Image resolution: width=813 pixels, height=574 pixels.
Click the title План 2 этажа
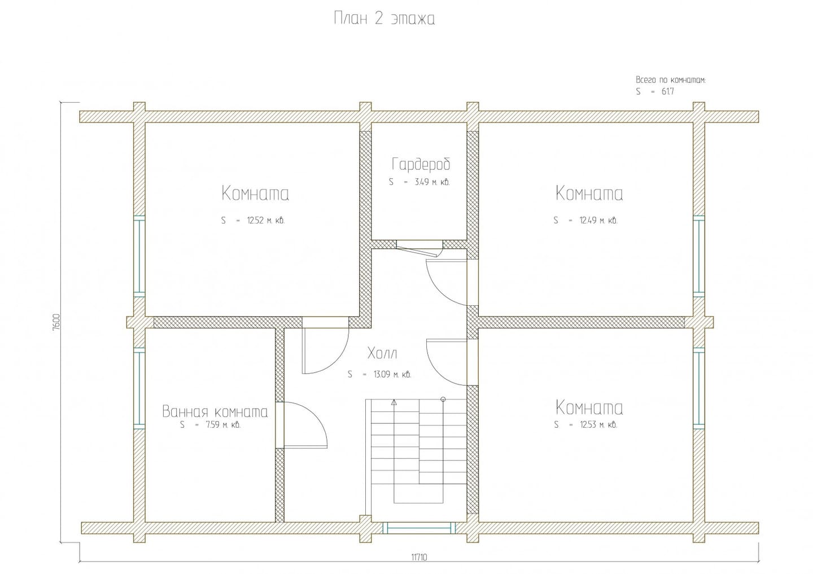(x=384, y=18)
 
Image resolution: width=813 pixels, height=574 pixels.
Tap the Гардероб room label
(x=421, y=164)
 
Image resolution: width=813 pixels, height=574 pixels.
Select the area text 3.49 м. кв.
(x=432, y=182)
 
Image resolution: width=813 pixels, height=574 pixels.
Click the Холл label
(x=382, y=353)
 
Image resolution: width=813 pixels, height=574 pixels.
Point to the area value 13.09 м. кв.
(x=392, y=374)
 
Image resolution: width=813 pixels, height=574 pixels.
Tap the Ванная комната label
(x=215, y=412)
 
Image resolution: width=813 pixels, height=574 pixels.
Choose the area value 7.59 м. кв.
(x=223, y=424)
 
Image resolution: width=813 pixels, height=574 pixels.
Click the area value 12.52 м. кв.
(x=266, y=220)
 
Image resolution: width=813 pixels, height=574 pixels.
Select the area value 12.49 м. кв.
(x=598, y=220)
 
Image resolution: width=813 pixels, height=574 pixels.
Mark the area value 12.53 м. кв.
(x=598, y=424)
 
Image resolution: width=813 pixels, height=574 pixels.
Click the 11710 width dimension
(x=419, y=557)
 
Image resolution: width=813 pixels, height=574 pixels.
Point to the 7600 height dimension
(x=56, y=323)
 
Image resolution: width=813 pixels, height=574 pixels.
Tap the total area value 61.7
(x=668, y=91)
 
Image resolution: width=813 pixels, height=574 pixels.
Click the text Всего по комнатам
(x=671, y=80)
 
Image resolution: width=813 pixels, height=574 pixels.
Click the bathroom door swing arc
(x=317, y=415)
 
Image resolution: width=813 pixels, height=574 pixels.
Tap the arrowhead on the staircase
(x=394, y=402)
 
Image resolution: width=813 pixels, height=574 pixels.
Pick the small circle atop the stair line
(x=443, y=400)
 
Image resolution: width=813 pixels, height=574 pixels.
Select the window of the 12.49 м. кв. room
(x=699, y=256)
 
